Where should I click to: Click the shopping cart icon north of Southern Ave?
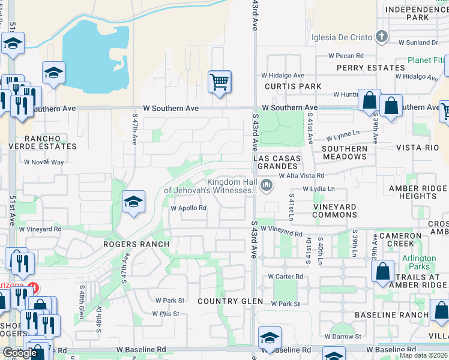pos(220,82)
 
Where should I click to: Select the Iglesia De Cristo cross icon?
pos(381,37)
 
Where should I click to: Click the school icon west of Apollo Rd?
pos(133,202)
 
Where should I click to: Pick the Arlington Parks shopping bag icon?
pos(383,271)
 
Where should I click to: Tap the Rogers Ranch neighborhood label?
pos(136,245)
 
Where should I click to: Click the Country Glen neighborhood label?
pos(231,301)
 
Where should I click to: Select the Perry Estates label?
pos(371,68)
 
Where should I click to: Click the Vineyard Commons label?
pos(334,211)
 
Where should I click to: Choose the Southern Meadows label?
pos(345,152)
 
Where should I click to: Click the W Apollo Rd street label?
pos(188,209)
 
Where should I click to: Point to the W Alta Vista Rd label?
pos(301,176)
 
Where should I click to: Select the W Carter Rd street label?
pos(285,277)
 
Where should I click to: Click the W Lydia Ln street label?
pos(318,189)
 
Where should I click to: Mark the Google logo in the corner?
pos(20,353)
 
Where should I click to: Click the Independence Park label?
pos(417,13)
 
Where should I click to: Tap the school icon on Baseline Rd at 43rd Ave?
pos(270,337)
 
